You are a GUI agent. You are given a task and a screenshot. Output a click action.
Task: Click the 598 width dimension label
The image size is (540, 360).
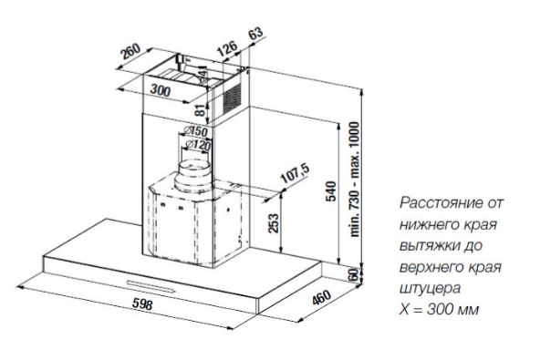click(x=142, y=303)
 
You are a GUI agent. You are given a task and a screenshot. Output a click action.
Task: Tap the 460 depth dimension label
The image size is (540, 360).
click(x=321, y=297)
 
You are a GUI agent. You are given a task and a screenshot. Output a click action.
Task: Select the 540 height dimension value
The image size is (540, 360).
click(x=330, y=191)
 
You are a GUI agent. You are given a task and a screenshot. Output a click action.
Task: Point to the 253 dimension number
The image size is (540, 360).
click(x=273, y=223)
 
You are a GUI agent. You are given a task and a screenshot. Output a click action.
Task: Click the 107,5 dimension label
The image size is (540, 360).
click(x=296, y=174)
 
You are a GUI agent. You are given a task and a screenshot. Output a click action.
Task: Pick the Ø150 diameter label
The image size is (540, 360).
click(x=195, y=130)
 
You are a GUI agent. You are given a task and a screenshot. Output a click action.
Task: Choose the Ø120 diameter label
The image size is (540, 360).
click(x=197, y=144)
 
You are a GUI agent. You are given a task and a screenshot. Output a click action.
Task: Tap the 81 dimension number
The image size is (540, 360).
click(x=200, y=109)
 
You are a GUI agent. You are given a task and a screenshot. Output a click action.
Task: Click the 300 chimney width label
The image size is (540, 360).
click(x=161, y=90)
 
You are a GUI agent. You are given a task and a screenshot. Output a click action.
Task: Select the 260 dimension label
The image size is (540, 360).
click(x=130, y=51)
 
